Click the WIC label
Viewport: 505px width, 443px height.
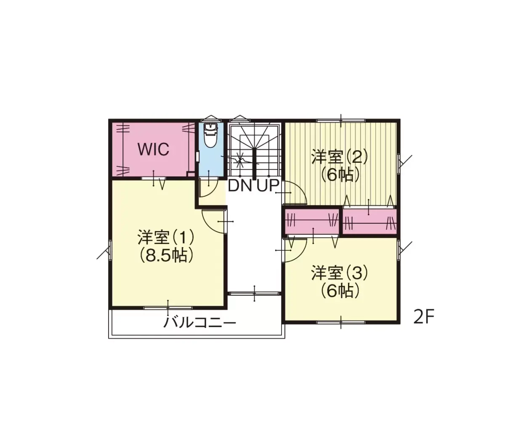(154, 149)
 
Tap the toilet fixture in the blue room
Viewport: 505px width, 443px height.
(211, 136)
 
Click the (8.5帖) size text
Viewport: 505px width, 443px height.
(166, 256)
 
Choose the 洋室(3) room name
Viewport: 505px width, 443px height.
(339, 273)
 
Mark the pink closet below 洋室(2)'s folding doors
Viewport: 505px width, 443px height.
(369, 221)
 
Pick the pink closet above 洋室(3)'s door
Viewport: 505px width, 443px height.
(312, 221)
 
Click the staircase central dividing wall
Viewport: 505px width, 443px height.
(254, 164)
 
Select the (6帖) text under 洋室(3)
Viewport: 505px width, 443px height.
(340, 291)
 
